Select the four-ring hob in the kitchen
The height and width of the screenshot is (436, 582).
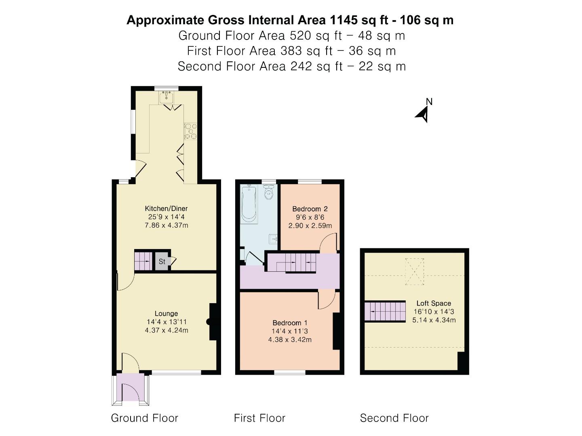click(190, 132)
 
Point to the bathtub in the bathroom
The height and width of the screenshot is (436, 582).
click(249, 204)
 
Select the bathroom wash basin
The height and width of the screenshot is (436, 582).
click(274, 239)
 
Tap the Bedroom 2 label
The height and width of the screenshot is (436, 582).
click(310, 209)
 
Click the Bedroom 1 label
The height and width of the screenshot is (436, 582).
click(290, 323)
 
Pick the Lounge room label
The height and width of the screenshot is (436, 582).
click(166, 313)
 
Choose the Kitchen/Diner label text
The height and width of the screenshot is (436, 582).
click(166, 208)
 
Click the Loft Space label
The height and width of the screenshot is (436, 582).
click(434, 303)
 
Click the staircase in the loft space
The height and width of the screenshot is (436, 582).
click(385, 312)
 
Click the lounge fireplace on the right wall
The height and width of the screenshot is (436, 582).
click(213, 322)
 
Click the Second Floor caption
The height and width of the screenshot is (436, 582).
click(394, 418)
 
